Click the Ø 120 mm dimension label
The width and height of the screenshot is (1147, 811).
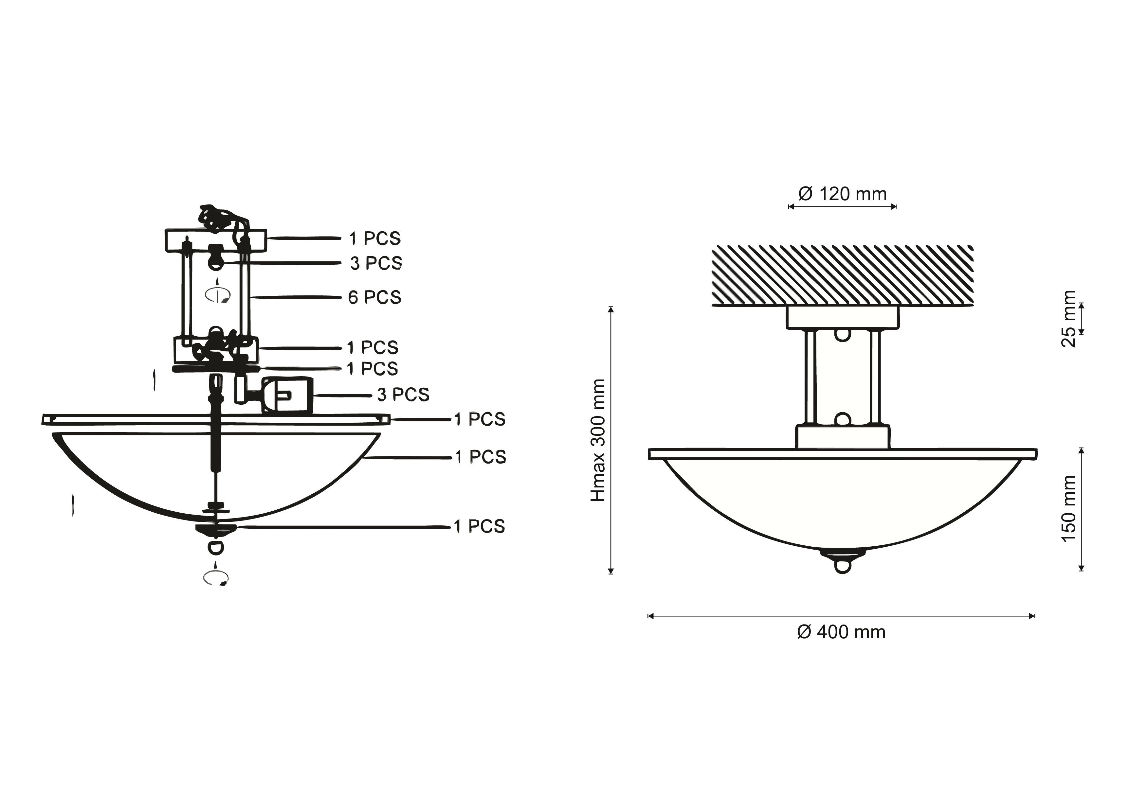[x=842, y=194]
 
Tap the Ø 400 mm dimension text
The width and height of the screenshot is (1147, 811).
[x=841, y=632]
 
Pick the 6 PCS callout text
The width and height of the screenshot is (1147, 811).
[x=375, y=297]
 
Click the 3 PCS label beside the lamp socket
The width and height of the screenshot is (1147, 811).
[x=403, y=395]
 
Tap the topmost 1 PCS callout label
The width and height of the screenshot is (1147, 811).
[x=375, y=239]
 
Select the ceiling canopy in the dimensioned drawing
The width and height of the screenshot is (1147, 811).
[x=842, y=318]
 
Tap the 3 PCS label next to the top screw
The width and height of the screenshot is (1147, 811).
[x=376, y=263]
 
